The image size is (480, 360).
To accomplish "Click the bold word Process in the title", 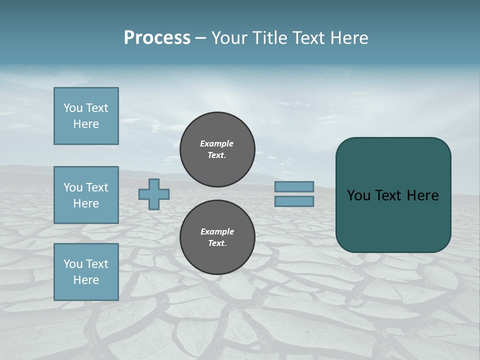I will [x=157, y=38].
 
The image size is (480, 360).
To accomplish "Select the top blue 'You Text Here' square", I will [x=86, y=116].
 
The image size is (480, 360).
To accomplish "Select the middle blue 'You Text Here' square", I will [x=86, y=195].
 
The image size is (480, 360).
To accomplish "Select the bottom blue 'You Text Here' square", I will [x=86, y=272].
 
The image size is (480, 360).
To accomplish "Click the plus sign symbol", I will [x=154, y=194].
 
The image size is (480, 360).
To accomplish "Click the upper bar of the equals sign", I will [x=294, y=186].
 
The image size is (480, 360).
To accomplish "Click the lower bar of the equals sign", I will [x=294, y=201].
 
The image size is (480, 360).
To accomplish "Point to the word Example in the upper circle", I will [x=216, y=143].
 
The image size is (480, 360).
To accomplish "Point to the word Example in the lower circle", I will [x=217, y=231].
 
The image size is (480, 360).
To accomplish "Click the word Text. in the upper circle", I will [x=217, y=155].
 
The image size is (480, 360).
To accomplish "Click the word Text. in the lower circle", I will [x=217, y=243].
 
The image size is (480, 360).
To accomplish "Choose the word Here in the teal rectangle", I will [x=422, y=195].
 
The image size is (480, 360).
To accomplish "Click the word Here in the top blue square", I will [x=86, y=124].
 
